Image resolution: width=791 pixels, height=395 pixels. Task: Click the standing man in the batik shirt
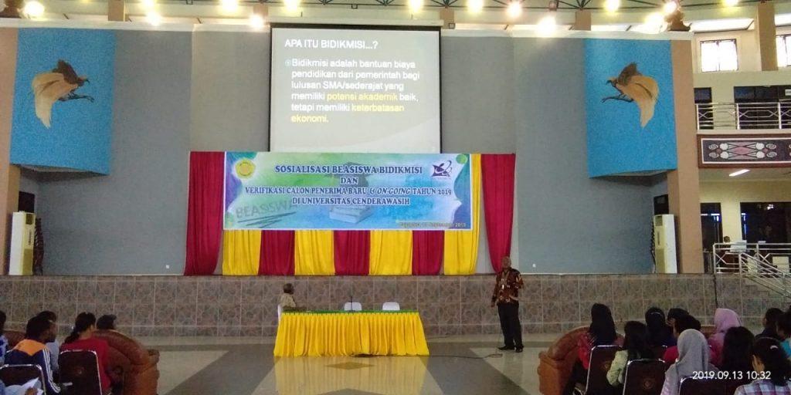[x=508, y=302]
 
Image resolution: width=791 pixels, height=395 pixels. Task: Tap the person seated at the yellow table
[x=287, y=298]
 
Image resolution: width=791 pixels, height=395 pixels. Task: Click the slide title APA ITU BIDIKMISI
[x=325, y=43]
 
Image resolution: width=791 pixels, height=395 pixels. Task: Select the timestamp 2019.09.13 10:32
[x=730, y=375]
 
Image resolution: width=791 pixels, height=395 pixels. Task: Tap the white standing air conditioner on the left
[x=22, y=243]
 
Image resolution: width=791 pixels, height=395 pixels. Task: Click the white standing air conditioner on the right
[x=664, y=244]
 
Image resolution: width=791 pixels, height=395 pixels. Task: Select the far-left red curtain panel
[x=203, y=213]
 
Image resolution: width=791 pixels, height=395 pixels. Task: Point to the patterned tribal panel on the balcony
[x=745, y=150]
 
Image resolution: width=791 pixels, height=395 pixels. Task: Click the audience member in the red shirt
[x=87, y=347]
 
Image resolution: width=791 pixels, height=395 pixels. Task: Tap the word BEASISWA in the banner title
[x=369, y=169]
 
